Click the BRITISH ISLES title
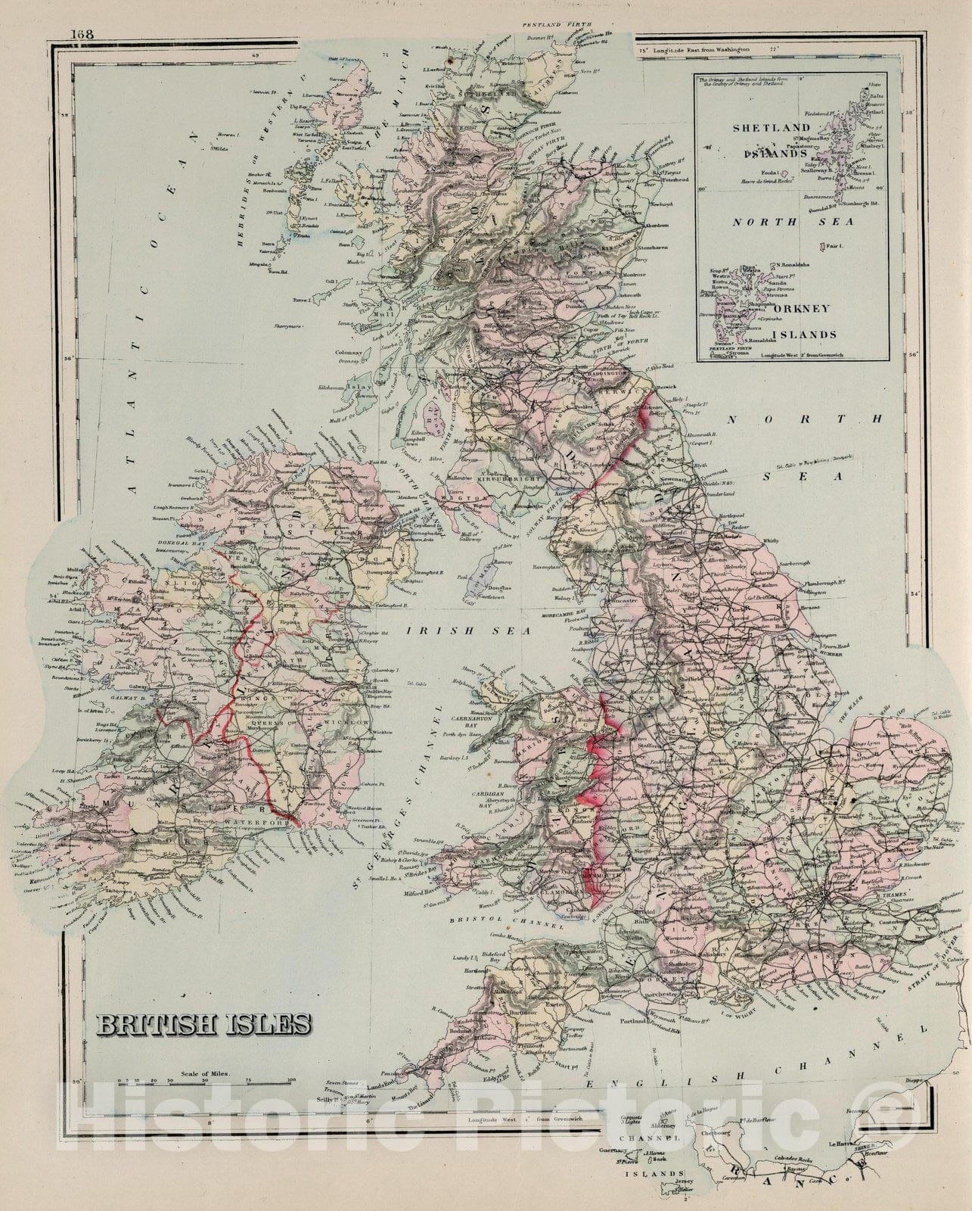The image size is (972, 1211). (202, 1026)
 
